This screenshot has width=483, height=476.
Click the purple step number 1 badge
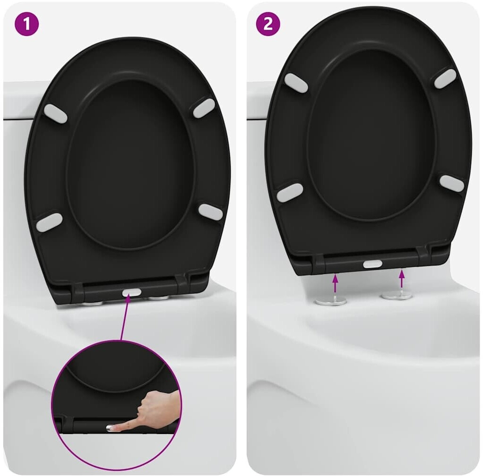27,24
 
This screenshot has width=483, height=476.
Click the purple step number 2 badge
268,24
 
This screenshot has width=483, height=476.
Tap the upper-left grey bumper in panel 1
55,113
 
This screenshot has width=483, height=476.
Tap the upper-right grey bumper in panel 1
204,108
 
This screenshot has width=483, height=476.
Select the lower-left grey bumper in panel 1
49,222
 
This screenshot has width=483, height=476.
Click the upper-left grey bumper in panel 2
296,83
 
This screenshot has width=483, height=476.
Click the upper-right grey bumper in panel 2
445,79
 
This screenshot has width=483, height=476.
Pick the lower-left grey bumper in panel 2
290,193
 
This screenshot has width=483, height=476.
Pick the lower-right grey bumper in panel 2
452,184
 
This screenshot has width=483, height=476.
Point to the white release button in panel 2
373,263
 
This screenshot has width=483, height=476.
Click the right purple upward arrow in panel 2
401,279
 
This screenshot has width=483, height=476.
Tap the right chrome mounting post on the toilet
397,296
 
